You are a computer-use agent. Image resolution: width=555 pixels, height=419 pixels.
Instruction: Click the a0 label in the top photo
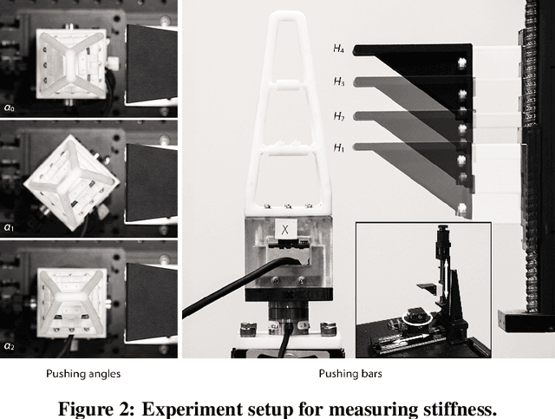[9, 108]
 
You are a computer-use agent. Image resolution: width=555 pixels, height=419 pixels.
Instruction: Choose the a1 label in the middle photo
[9, 227]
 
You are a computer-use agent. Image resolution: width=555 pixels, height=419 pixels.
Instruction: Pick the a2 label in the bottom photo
[9, 346]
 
